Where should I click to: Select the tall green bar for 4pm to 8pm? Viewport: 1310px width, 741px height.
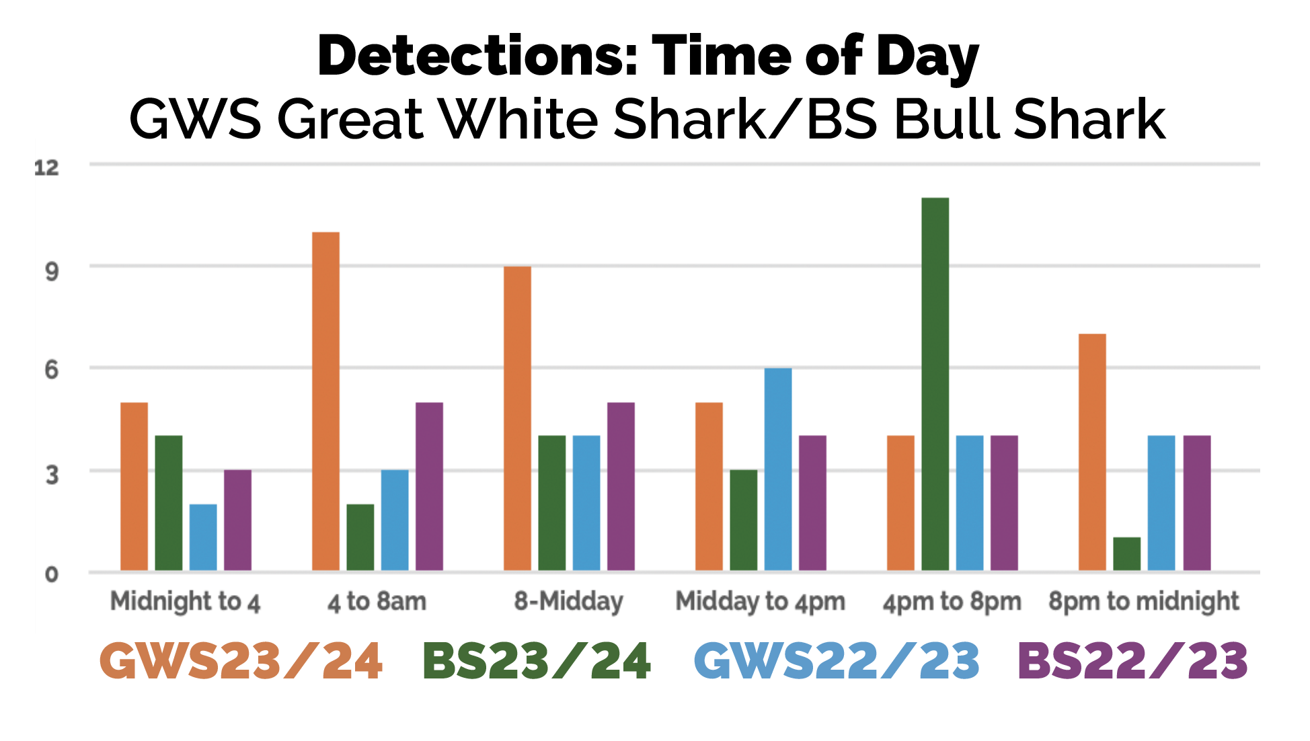tap(935, 384)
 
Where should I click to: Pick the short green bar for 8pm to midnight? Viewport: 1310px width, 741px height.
tap(1126, 554)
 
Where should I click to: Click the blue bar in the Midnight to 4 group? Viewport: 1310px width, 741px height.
tap(203, 537)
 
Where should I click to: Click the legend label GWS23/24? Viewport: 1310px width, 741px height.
tap(241, 661)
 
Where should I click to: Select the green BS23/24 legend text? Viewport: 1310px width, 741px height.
tap(536, 661)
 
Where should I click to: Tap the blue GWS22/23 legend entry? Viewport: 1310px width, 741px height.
tap(837, 661)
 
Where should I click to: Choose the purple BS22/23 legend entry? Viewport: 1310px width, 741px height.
tap(1132, 661)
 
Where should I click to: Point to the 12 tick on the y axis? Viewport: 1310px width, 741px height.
tap(46, 167)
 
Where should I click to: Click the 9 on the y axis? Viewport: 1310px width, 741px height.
tap(52, 271)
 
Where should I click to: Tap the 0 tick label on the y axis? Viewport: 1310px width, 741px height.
tap(52, 574)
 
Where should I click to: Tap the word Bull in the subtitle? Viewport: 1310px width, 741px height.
tap(948, 120)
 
